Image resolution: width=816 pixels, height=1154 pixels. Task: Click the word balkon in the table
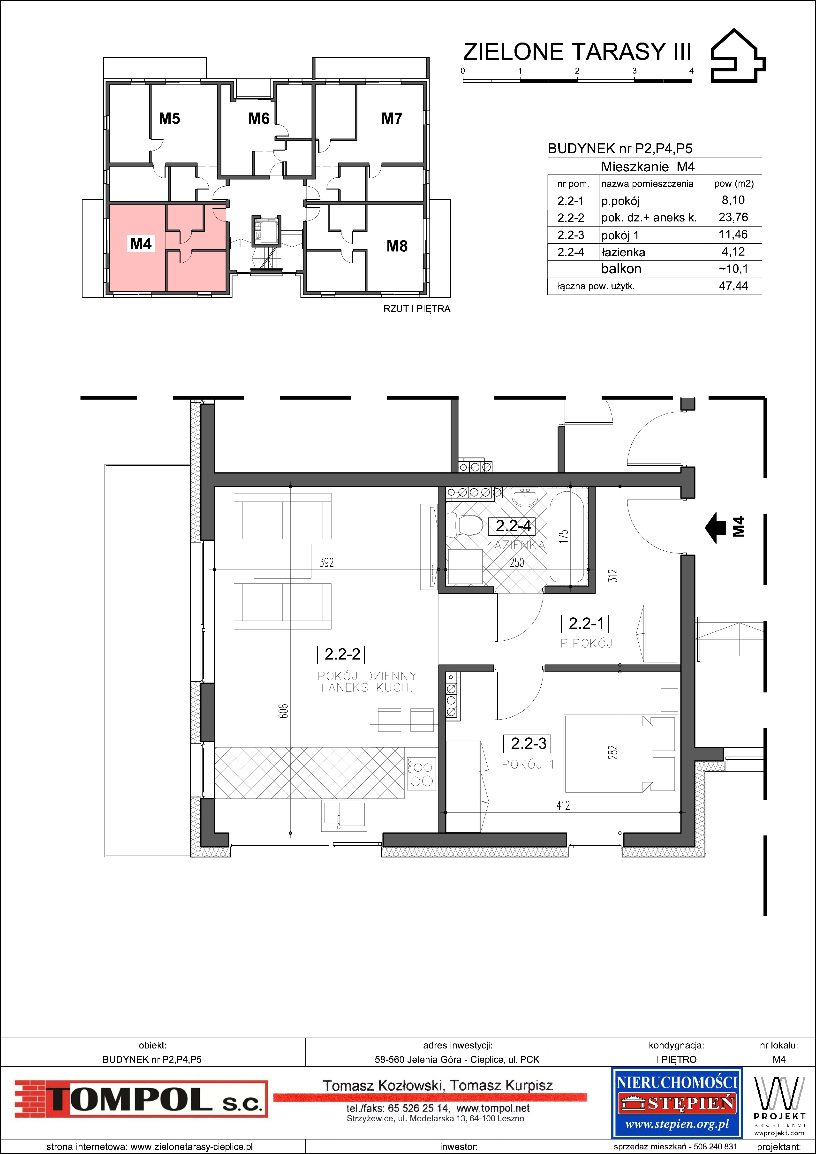(621, 269)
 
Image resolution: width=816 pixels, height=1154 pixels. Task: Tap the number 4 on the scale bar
(691, 71)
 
